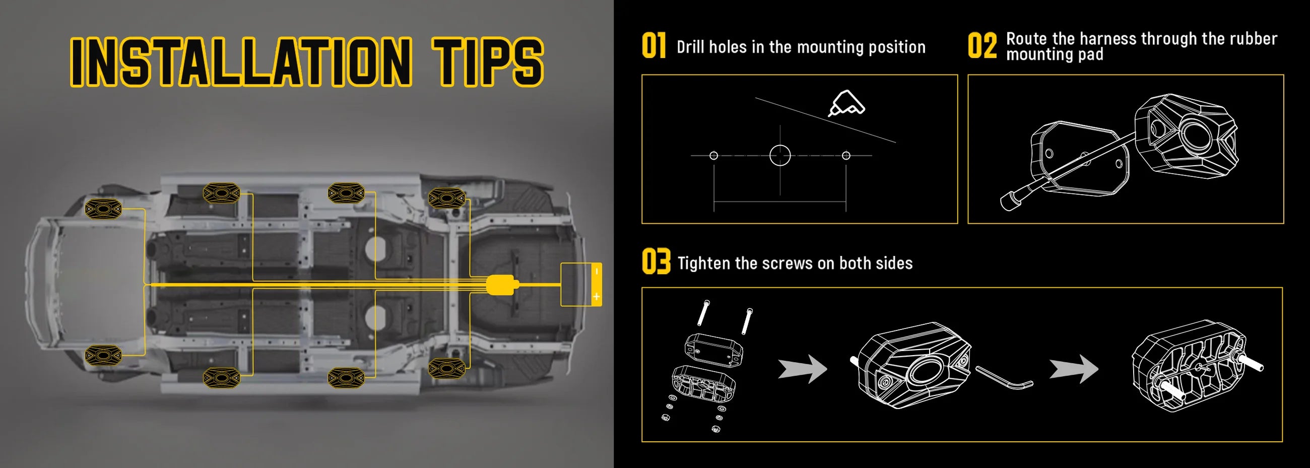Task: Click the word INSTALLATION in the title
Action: (241, 61)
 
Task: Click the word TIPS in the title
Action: (488, 61)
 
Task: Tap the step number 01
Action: (653, 45)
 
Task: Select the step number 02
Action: (982, 45)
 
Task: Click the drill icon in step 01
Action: (847, 103)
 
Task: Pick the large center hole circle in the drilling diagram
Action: (780, 155)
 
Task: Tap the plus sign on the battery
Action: (596, 296)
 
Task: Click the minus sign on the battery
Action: (596, 272)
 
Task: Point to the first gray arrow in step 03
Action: (803, 368)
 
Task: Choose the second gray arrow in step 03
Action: (1074, 368)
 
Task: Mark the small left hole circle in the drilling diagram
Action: (714, 155)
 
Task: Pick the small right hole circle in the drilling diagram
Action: (846, 155)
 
